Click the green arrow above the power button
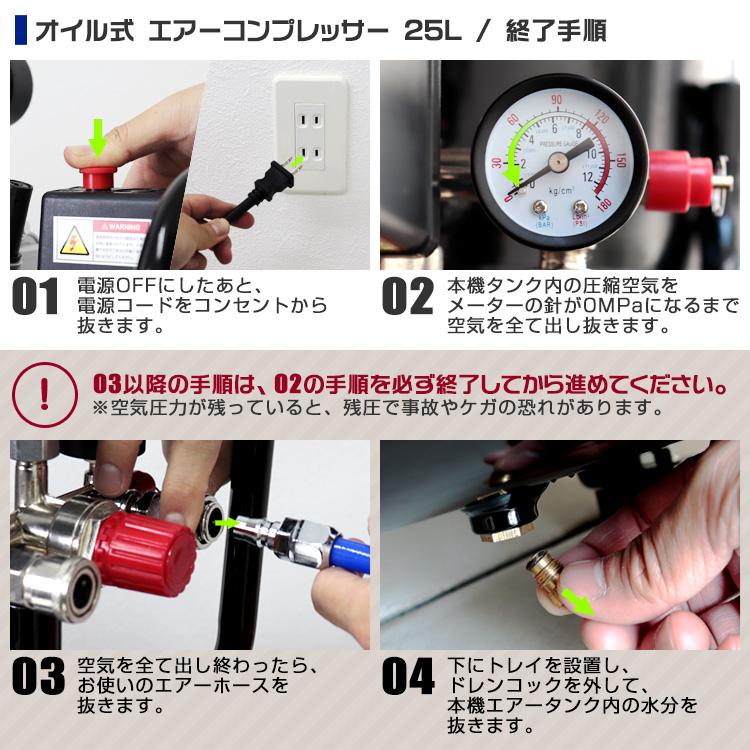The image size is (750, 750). (x=97, y=137)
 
